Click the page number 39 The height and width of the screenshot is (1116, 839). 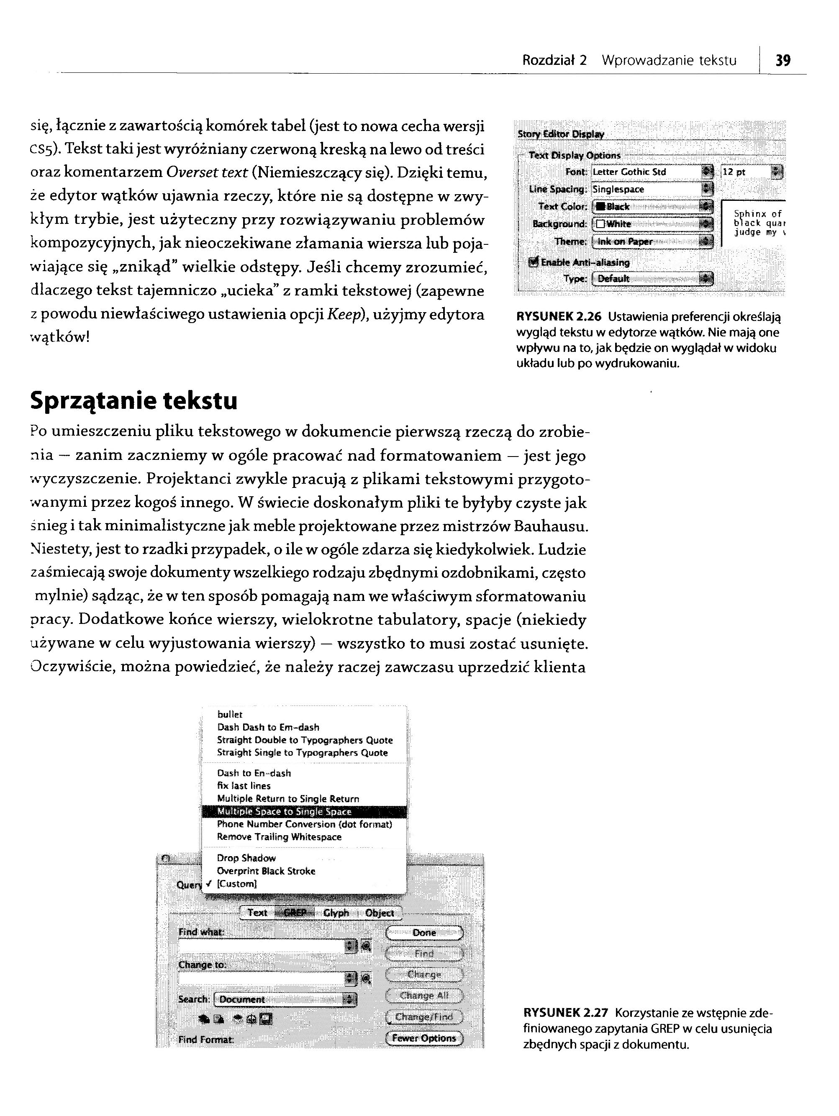click(x=783, y=61)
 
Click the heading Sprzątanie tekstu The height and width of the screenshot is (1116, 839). click(x=133, y=402)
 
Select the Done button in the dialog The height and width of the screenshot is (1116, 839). click(x=424, y=933)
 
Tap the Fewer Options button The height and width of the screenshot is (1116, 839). click(x=424, y=1038)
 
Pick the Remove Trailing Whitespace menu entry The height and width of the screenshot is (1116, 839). click(x=279, y=836)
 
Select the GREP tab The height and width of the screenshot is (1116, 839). click(x=295, y=913)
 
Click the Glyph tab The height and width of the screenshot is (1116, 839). click(x=336, y=913)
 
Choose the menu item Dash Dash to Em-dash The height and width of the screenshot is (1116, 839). click(x=268, y=727)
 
